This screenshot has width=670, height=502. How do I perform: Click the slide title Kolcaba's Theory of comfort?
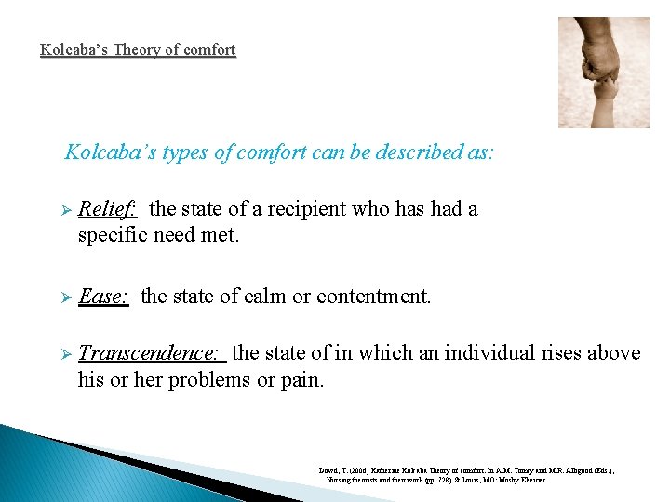coord(138,50)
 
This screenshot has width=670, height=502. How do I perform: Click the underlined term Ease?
coord(102,297)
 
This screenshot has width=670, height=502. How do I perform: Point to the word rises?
coord(557,353)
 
